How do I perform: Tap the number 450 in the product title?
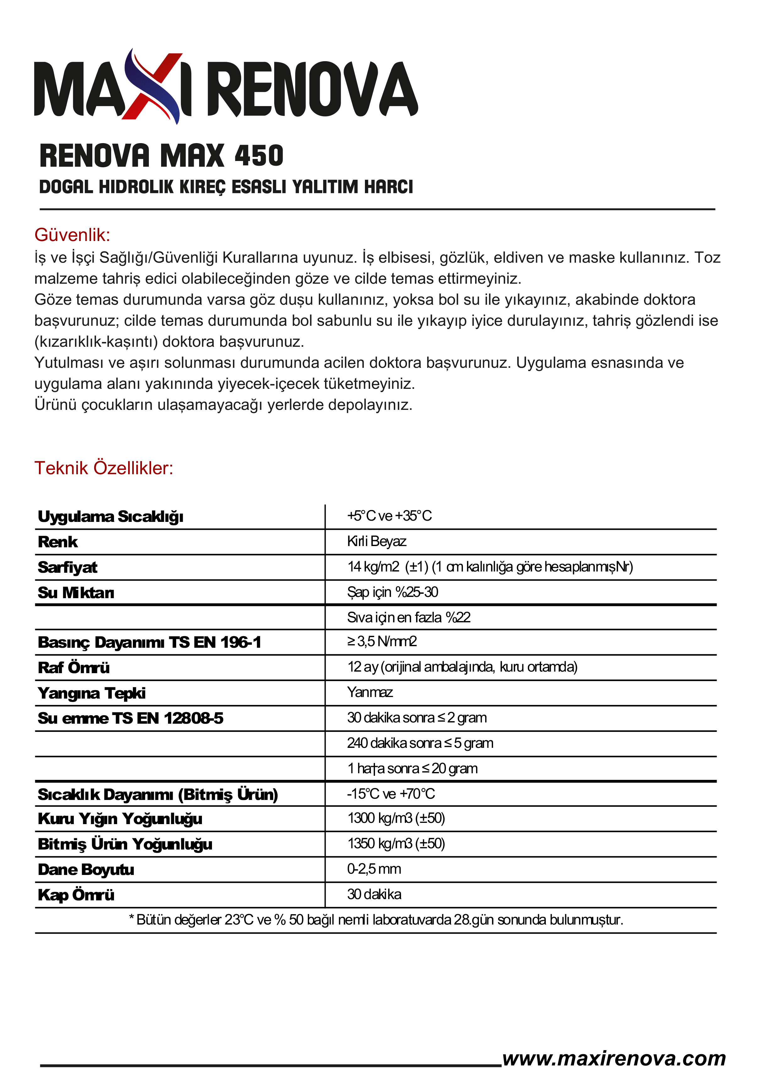tap(259, 156)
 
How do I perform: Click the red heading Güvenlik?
tap(72, 235)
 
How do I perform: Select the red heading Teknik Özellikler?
tap(104, 468)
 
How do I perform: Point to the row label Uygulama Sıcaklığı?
tap(110, 517)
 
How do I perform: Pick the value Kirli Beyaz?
tap(377, 541)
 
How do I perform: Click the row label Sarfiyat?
tap(68, 567)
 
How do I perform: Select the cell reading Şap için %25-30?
tap(392, 592)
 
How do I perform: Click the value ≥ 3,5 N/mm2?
tap(382, 642)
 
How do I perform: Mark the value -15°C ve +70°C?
tap(391, 794)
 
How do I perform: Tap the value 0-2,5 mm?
tap(374, 869)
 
